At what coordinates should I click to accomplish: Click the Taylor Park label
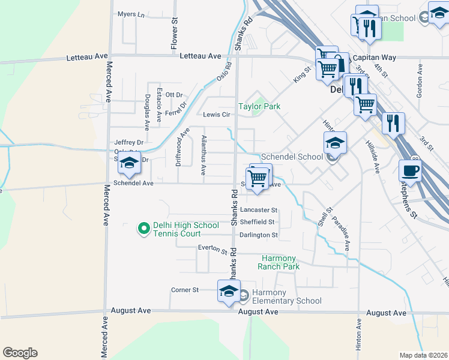(x=259, y=106)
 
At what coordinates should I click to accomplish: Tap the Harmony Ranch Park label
(x=279, y=262)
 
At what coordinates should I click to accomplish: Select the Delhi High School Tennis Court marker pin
(x=143, y=229)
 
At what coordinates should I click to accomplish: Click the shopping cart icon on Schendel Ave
(x=258, y=178)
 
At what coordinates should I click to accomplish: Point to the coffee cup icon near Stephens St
(x=410, y=170)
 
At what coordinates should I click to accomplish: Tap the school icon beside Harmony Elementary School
(x=229, y=292)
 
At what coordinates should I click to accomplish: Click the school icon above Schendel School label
(x=335, y=143)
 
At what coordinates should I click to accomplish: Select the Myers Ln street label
(x=131, y=14)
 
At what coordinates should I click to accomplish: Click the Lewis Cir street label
(x=217, y=115)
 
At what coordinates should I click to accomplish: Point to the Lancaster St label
(x=259, y=211)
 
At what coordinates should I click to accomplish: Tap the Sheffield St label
(x=258, y=222)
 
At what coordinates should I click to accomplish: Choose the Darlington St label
(x=259, y=235)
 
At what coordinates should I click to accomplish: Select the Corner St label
(x=184, y=290)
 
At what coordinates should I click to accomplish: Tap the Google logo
(x=20, y=353)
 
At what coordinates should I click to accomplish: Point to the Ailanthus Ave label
(x=203, y=155)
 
